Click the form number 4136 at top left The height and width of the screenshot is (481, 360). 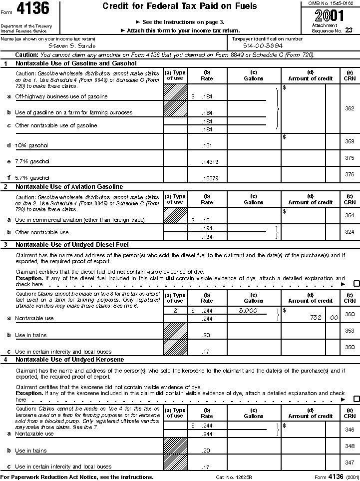(x=33, y=9)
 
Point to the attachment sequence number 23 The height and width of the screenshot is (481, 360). (x=348, y=30)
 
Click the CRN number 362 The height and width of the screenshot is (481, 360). (x=350, y=108)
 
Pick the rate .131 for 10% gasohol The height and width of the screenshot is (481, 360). (x=207, y=146)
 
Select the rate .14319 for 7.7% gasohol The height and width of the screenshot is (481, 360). (x=207, y=162)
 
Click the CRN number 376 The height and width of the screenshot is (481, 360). (x=350, y=174)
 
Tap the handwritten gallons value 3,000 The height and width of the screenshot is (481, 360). (x=248, y=310)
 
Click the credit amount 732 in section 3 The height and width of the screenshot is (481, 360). (x=315, y=318)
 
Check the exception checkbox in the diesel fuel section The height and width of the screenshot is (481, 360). (x=357, y=284)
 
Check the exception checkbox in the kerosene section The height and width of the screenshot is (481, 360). (x=357, y=399)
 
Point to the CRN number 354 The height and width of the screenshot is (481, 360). (x=350, y=215)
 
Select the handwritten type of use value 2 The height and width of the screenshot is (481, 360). (x=175, y=311)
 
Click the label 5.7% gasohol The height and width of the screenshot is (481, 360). (x=32, y=178)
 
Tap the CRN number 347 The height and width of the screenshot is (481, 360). (x=350, y=463)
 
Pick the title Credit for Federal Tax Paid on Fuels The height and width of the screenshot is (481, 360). (x=180, y=6)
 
